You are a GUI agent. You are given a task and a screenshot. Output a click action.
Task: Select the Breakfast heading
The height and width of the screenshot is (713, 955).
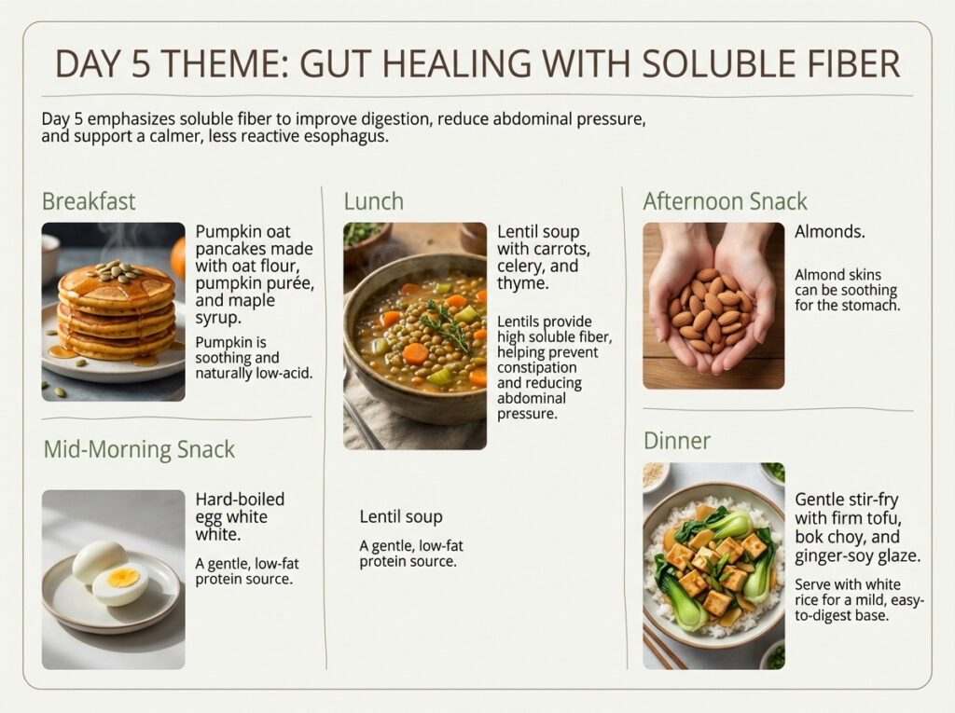(x=89, y=201)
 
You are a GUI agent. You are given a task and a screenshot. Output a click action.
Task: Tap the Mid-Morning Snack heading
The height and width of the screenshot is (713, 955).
(x=139, y=449)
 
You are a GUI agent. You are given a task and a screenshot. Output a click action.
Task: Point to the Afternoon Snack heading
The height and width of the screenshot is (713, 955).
(x=725, y=201)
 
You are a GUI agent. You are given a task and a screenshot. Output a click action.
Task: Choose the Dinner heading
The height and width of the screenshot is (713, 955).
(x=676, y=440)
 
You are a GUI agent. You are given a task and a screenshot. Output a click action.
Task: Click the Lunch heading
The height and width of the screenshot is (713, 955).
(x=373, y=201)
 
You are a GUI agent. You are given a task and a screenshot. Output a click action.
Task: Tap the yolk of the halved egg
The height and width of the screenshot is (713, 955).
(x=123, y=578)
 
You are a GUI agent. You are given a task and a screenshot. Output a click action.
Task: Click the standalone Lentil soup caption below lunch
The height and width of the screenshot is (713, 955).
(x=401, y=516)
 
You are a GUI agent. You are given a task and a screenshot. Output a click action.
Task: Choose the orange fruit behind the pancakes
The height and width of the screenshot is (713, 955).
(x=178, y=256)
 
